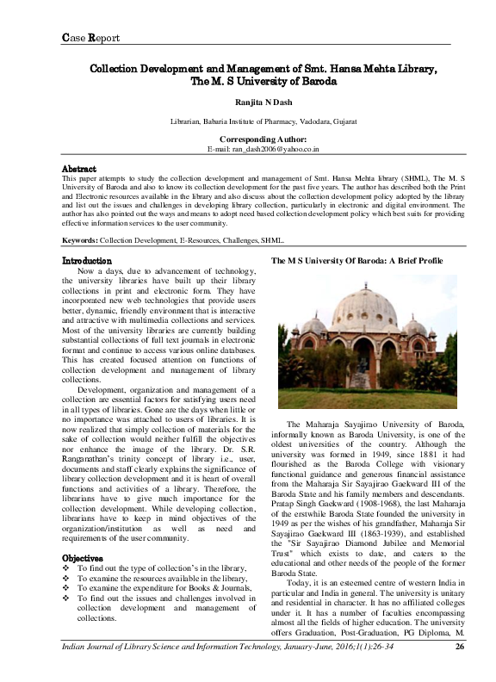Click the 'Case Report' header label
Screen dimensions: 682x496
pyautogui.click(x=90, y=37)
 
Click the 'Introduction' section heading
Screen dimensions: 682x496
pyautogui.click(x=87, y=260)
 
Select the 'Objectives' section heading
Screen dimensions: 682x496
pyautogui.click(x=84, y=534)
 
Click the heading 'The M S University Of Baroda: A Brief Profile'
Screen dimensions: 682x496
pyautogui.click(x=357, y=260)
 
